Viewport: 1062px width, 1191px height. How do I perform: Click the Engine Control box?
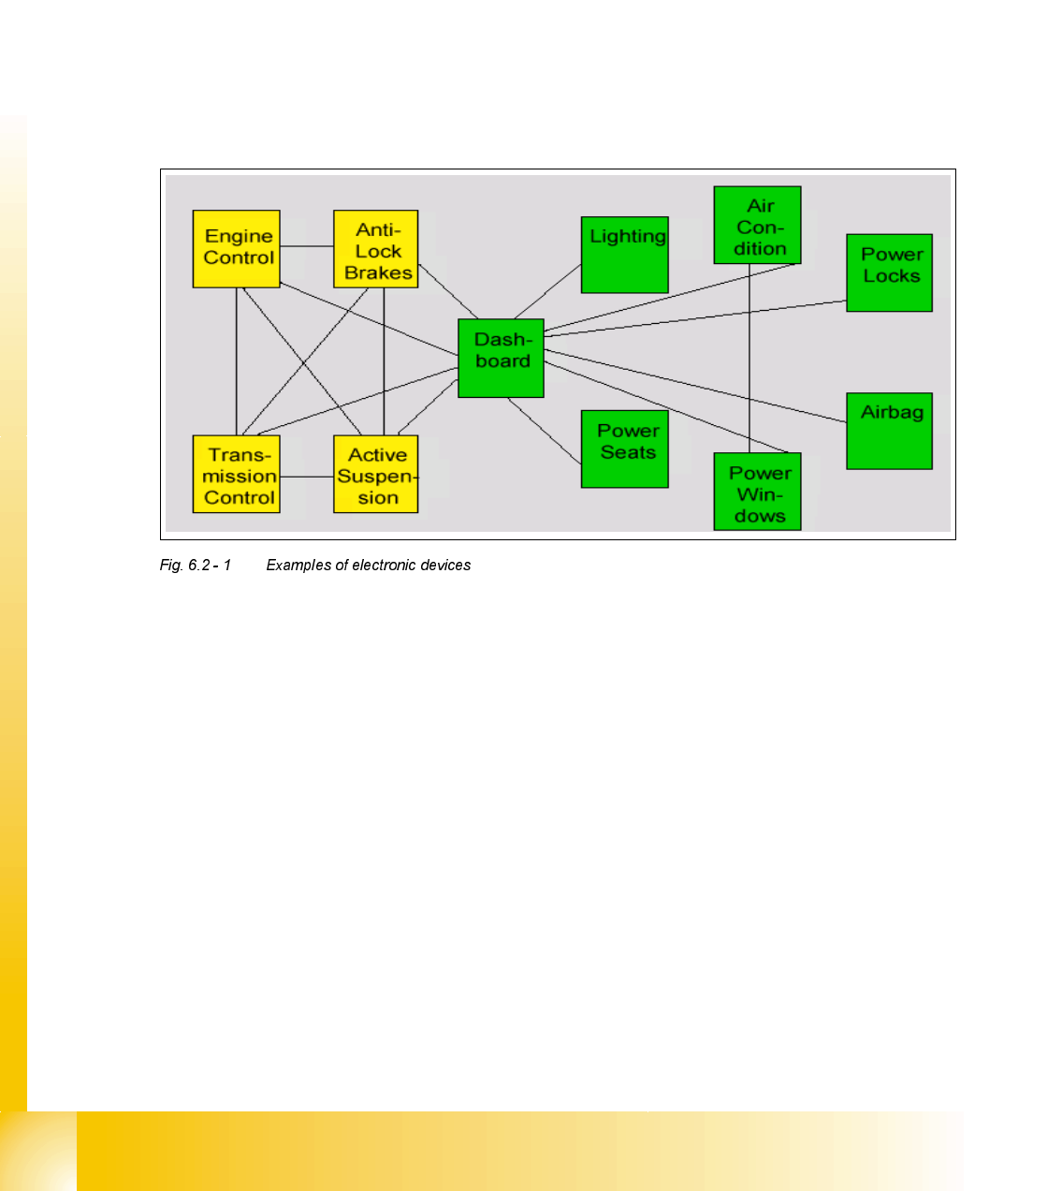pyautogui.click(x=236, y=248)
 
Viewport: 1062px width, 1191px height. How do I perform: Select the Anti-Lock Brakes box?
pyautogui.click(x=375, y=249)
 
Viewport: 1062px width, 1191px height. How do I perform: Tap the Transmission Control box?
pyautogui.click(x=236, y=475)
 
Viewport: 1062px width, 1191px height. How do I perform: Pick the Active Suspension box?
pyautogui.click(x=375, y=475)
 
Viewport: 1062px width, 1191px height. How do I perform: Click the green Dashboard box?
pyautogui.click(x=501, y=358)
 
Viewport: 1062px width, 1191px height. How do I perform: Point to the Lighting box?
pyautogui.click(x=624, y=255)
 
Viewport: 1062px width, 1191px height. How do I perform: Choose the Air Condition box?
pyautogui.click(x=757, y=225)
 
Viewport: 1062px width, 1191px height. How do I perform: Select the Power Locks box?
pyautogui.click(x=889, y=272)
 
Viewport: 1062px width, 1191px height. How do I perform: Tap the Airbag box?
pyautogui.click(x=889, y=431)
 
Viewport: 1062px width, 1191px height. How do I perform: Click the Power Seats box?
pyautogui.click(x=624, y=448)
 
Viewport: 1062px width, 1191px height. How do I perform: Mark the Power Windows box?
pyautogui.click(x=757, y=492)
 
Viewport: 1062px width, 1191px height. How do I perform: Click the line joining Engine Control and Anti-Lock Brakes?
pyautogui.click(x=307, y=246)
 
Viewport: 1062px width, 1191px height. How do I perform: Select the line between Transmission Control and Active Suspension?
pyautogui.click(x=307, y=477)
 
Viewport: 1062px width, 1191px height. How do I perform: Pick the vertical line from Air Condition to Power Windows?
pyautogui.click(x=749, y=356)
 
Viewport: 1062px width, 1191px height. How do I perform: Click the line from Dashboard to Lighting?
pyautogui.click(x=547, y=292)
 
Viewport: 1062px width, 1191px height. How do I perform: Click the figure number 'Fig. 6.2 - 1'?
pyautogui.click(x=195, y=566)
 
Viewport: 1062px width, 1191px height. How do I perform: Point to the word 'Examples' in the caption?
pyautogui.click(x=298, y=566)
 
